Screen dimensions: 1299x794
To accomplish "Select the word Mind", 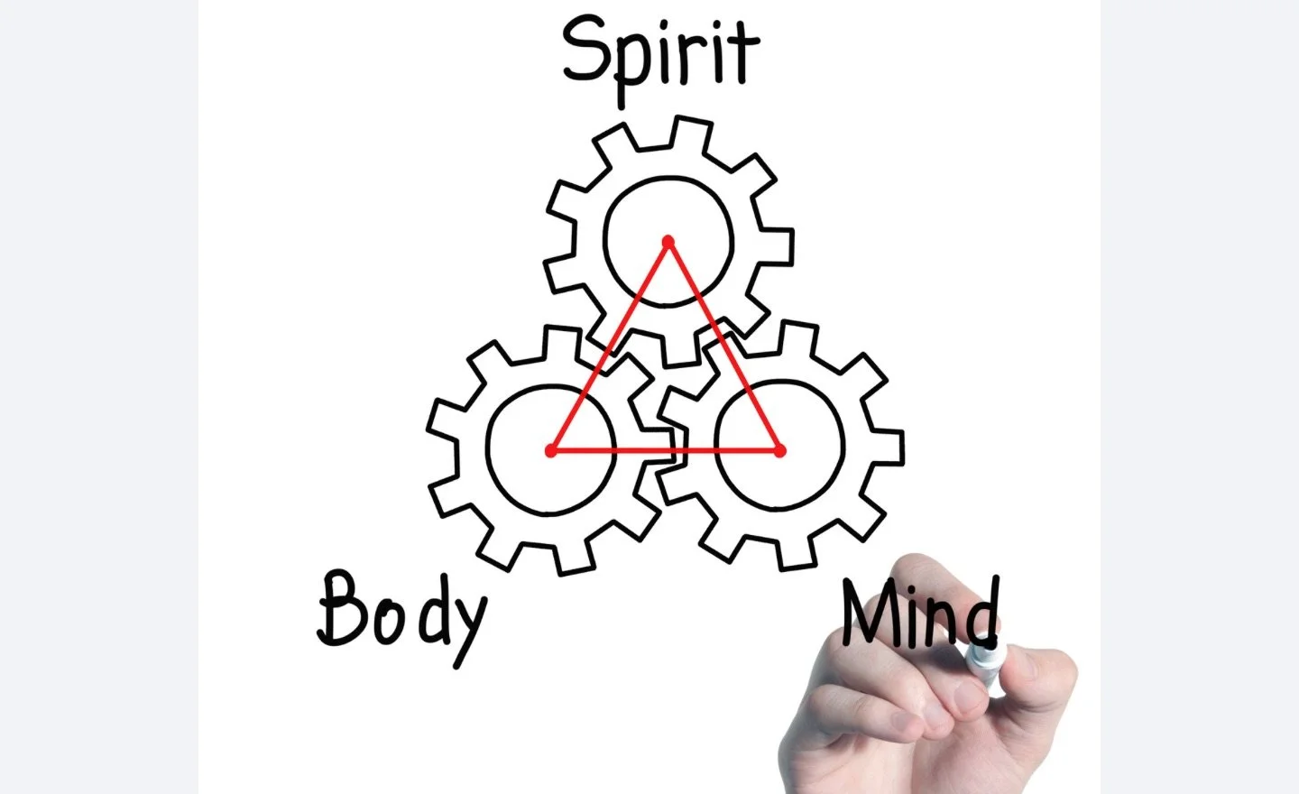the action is point(920,614).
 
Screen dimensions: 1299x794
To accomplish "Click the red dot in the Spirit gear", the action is point(668,242).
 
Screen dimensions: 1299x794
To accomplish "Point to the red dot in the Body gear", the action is point(551,450).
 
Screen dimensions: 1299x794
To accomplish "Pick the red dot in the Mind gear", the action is point(780,450).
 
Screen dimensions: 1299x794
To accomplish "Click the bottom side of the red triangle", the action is point(666,450).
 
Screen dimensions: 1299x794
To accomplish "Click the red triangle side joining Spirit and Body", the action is point(610,346).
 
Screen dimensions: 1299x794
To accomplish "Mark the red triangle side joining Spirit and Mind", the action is point(724,346).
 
